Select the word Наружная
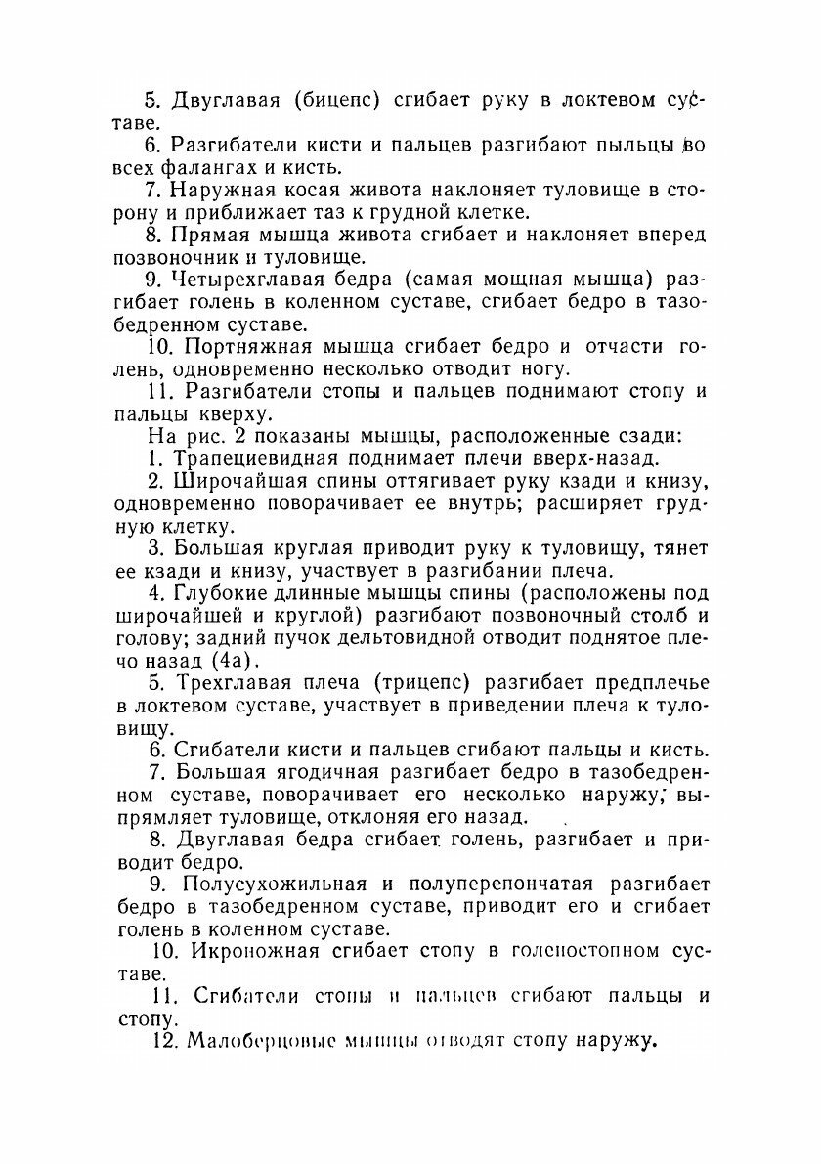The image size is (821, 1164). pos(224,189)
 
